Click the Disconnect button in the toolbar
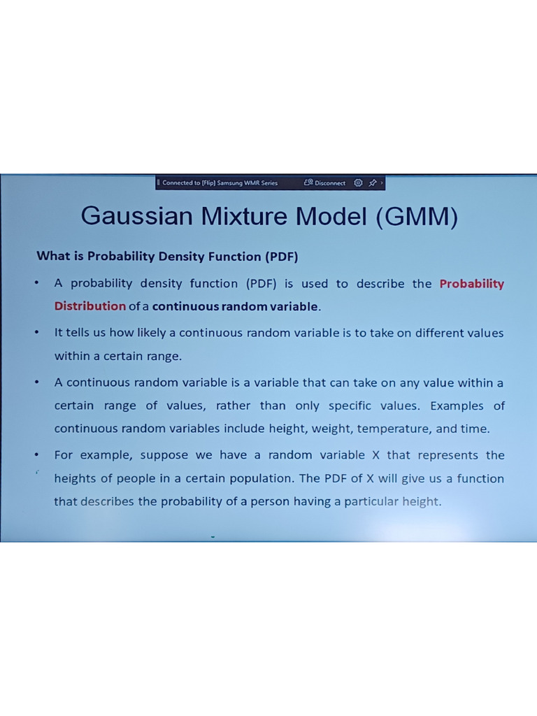tap(325, 183)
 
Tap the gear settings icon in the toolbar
tap(358, 183)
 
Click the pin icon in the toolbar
tap(373, 183)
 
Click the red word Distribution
tap(90, 306)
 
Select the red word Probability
tap(471, 284)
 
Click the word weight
tap(325, 429)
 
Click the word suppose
tap(165, 455)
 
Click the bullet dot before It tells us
tap(36, 333)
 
